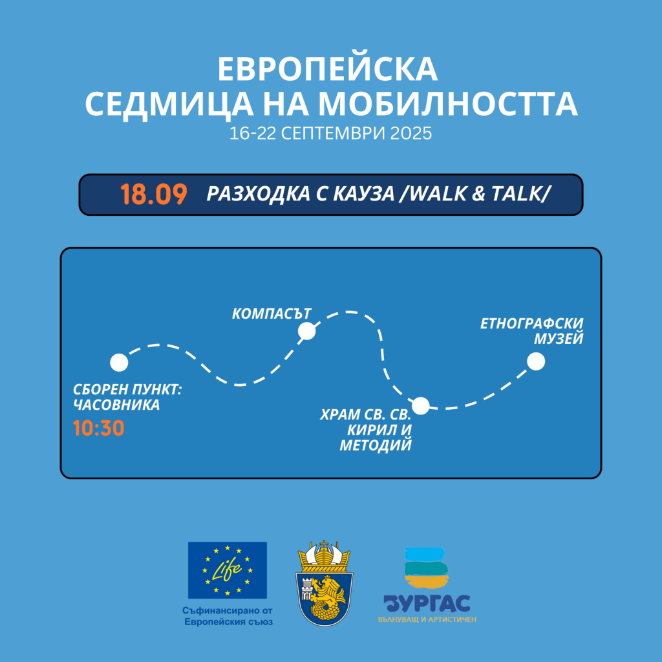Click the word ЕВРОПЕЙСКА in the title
pyautogui.click(x=328, y=70)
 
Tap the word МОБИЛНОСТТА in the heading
pyautogui.click(x=448, y=104)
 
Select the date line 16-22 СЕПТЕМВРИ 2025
pyautogui.click(x=330, y=133)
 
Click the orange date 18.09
pyautogui.click(x=154, y=194)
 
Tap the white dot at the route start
pyautogui.click(x=119, y=363)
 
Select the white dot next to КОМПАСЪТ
pyautogui.click(x=306, y=331)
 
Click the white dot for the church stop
pyautogui.click(x=420, y=406)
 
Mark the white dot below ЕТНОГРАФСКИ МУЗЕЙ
pyautogui.click(x=536, y=361)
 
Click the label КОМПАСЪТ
pyautogui.click(x=272, y=314)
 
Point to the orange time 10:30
pyautogui.click(x=99, y=428)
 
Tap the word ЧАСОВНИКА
pyautogui.click(x=116, y=405)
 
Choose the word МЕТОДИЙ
pyautogui.click(x=376, y=445)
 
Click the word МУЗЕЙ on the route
pyautogui.click(x=559, y=339)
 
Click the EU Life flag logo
pyautogui.click(x=228, y=570)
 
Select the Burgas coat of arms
pyautogui.click(x=325, y=583)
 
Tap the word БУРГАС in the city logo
pyautogui.click(x=427, y=604)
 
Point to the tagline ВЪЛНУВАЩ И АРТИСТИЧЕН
pyautogui.click(x=427, y=619)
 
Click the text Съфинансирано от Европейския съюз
pyautogui.click(x=228, y=616)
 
